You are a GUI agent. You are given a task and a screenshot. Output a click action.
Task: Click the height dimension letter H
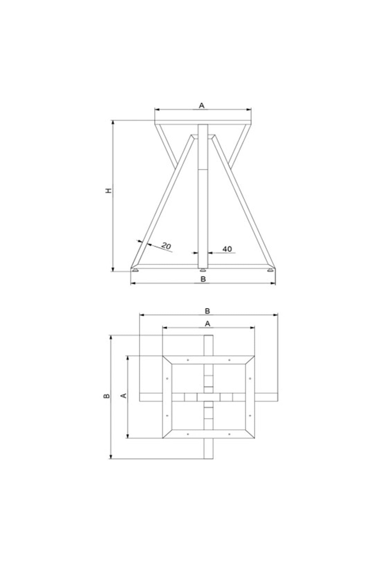point(109,191)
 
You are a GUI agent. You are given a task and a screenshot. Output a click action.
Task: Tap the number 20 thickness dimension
point(166,246)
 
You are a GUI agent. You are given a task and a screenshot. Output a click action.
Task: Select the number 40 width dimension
point(227,249)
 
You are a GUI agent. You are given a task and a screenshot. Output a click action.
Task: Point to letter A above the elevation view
point(202,106)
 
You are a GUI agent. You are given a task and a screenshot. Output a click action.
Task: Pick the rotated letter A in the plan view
point(124,396)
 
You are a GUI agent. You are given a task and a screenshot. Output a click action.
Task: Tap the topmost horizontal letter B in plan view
point(208,311)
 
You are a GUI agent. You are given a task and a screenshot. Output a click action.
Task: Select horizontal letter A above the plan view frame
point(208,324)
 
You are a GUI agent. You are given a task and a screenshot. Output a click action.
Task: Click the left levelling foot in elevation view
point(136,270)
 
